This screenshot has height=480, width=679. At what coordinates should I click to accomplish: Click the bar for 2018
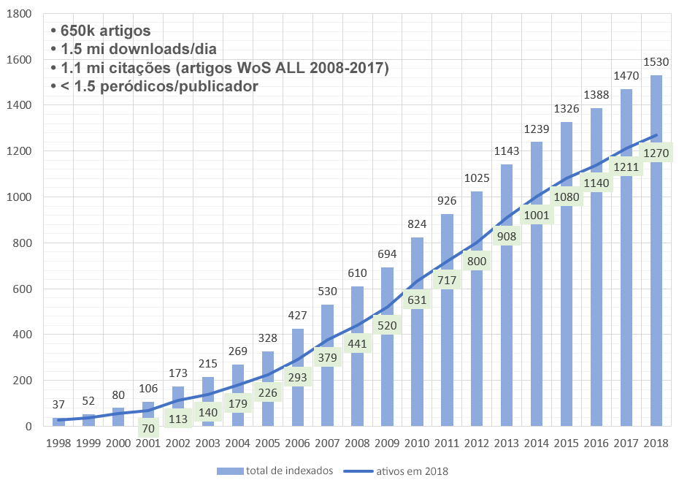pyautogui.click(x=656, y=292)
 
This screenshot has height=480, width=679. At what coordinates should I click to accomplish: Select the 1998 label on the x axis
pyautogui.click(x=58, y=444)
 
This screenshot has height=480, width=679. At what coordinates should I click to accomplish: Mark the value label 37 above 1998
pyautogui.click(x=58, y=405)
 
